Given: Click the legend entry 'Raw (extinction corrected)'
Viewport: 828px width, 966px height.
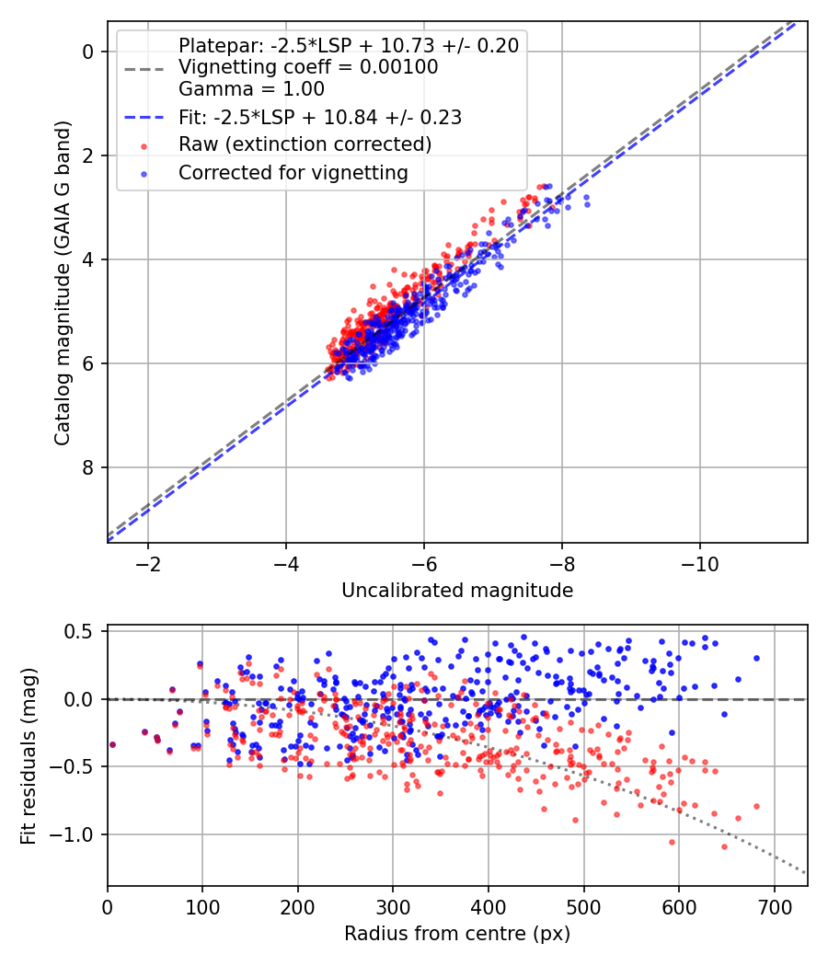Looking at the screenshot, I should tap(305, 144).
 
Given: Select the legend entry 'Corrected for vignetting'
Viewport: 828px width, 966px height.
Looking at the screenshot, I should tap(293, 172).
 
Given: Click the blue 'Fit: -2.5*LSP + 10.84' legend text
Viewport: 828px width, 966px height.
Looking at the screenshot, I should tap(319, 117).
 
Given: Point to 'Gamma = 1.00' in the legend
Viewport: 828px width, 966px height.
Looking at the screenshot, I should tap(251, 89).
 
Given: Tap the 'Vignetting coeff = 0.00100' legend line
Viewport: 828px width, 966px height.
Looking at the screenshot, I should tap(307, 67).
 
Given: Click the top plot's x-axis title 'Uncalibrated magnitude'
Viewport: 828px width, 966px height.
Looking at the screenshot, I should tap(457, 591).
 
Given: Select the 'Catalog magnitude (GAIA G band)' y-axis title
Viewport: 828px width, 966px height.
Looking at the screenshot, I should tap(63, 299).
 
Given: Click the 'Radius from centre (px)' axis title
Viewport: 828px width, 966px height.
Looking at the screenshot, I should tap(457, 934).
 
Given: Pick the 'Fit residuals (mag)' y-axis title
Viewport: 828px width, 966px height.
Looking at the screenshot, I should tap(29, 757).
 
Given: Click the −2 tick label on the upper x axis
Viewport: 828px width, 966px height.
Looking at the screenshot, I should tap(148, 562).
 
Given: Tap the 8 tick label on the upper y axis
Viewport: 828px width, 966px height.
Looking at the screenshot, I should tap(89, 467).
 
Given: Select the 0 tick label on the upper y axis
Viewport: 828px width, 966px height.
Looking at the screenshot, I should tap(89, 52).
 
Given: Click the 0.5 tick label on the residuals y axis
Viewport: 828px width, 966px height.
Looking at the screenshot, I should tap(81, 631).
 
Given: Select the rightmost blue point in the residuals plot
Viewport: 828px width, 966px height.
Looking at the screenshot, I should tap(756, 658).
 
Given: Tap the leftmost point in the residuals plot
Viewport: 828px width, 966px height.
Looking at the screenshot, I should tap(112, 744).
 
